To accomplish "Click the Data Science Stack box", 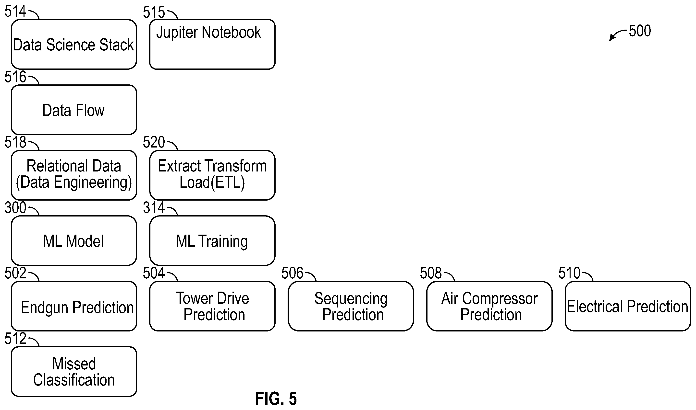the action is point(74,44).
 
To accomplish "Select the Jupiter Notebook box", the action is point(212,44).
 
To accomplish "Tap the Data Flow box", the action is point(74,110).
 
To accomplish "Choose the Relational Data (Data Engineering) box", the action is point(74,175).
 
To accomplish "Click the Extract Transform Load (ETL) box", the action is point(212,175).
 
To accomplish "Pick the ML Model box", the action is point(74,241).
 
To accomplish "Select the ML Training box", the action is point(212,241).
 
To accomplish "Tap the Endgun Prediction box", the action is point(74,306).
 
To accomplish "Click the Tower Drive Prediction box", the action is point(212,306).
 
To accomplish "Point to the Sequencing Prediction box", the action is point(351,306).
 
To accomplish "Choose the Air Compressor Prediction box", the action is point(489,306).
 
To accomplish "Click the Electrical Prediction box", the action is point(628,306).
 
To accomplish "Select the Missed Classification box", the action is point(74,372).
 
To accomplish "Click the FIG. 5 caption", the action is point(276,399).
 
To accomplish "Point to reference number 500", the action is point(640,31).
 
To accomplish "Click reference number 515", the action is point(154,12).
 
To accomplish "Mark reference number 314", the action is point(154,207).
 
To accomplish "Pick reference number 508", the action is point(431,273).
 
